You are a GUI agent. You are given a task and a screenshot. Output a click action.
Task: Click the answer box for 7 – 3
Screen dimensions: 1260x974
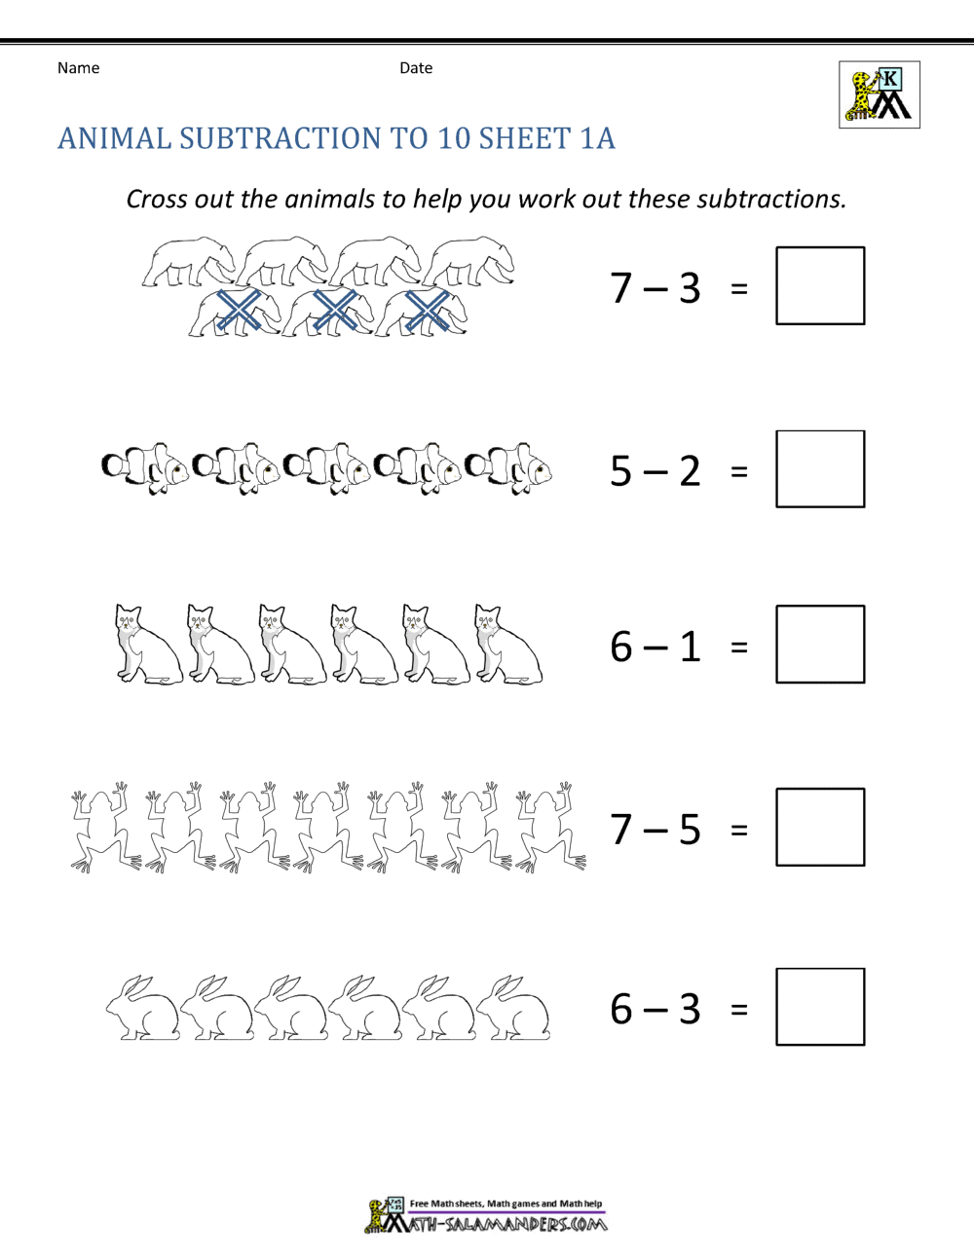click(820, 285)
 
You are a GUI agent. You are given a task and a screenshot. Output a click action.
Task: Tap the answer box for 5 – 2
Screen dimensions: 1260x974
click(820, 468)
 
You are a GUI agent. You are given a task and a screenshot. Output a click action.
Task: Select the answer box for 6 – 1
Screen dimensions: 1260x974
click(820, 644)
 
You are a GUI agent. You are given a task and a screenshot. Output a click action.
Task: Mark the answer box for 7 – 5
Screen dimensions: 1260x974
click(820, 827)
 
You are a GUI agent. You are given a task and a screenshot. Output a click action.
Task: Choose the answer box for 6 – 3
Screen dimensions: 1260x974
click(820, 1007)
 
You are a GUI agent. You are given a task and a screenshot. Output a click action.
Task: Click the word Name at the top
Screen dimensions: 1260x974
click(78, 68)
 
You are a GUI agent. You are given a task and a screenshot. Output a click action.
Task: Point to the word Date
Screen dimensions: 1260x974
click(416, 68)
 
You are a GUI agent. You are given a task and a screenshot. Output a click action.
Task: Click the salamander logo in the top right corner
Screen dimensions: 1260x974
click(880, 94)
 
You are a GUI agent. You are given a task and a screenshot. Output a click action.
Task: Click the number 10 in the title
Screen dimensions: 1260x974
click(454, 138)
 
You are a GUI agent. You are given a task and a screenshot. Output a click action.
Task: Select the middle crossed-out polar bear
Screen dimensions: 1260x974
click(329, 312)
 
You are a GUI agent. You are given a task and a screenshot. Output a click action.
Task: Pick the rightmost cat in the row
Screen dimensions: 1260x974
click(506, 646)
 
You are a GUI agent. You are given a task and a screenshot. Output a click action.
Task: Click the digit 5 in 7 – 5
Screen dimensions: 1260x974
click(690, 830)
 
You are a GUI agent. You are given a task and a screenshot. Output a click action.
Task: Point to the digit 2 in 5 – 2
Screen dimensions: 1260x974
click(690, 471)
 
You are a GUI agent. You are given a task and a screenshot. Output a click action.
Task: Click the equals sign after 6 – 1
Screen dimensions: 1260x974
click(739, 647)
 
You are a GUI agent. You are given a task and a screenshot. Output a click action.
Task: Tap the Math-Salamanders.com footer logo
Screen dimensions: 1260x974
click(486, 1217)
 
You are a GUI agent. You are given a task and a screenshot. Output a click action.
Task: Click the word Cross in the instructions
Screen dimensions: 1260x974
click(157, 200)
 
